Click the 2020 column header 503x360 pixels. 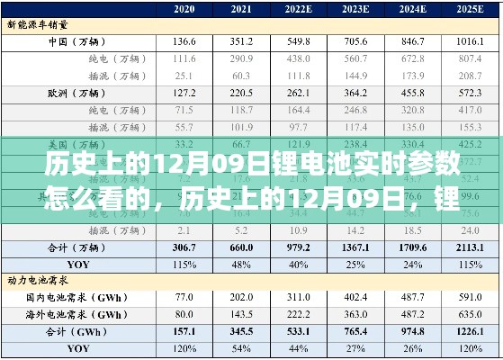[184, 9]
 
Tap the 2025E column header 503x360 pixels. [469, 9]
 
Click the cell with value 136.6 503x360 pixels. [184, 42]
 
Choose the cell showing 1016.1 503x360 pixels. [469, 42]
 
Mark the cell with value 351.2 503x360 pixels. [241, 42]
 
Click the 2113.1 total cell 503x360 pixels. [469, 248]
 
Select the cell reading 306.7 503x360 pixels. [184, 248]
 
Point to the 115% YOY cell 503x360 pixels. [184, 265]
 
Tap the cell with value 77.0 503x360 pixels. [184, 298]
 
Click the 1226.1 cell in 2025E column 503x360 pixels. [469, 330]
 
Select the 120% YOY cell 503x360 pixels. [184, 347]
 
